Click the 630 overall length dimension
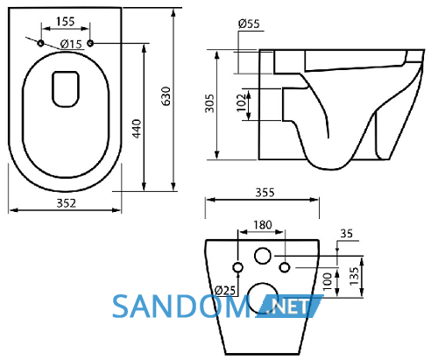166,95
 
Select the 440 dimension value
137,128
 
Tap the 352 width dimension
67,203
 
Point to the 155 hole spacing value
66,21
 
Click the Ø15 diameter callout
71,44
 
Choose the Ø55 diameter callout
249,24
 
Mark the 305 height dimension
209,103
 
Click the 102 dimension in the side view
241,102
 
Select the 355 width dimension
265,193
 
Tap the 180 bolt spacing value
263,225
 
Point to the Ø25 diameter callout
225,290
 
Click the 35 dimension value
347,234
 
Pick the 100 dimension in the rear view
328,281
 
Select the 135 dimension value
354,276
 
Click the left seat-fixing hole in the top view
40,44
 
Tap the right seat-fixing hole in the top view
90,44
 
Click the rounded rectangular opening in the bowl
66,89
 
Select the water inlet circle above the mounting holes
263,256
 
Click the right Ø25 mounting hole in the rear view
285,267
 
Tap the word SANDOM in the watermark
181,307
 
